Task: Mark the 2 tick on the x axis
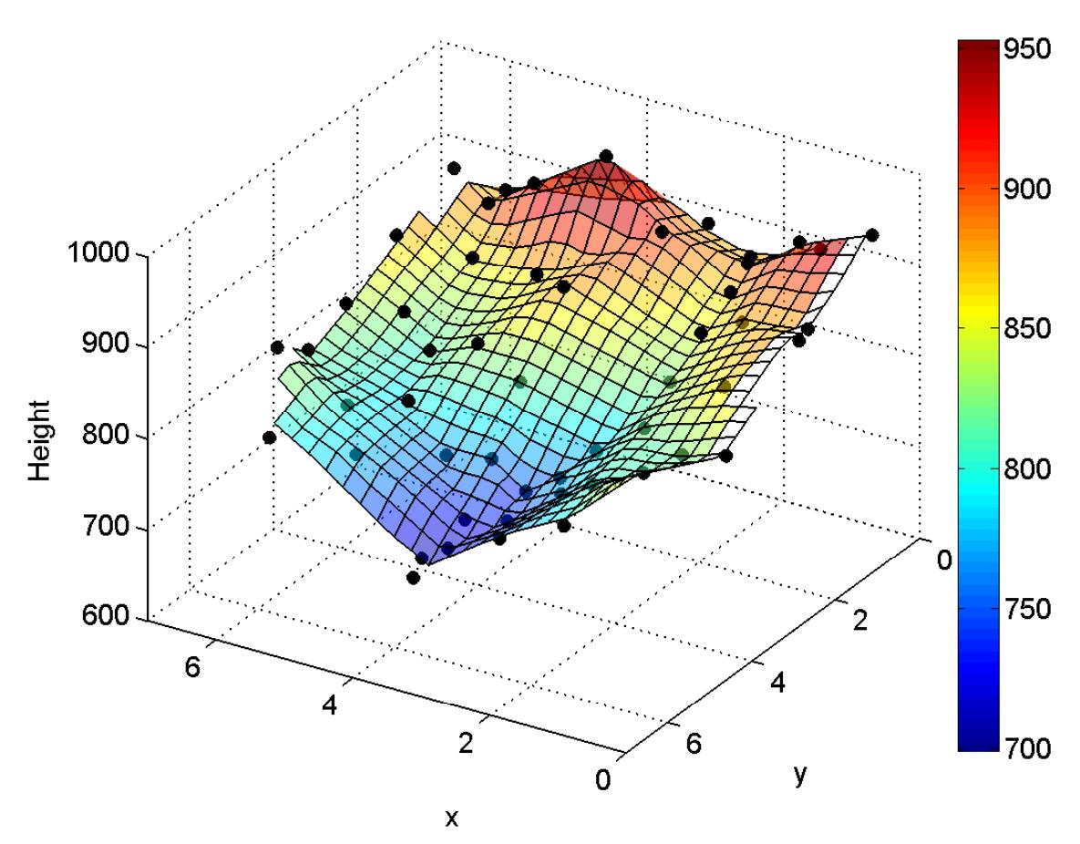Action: [468, 742]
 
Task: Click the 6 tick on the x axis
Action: [193, 666]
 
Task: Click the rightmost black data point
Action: [872, 235]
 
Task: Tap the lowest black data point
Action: [413, 577]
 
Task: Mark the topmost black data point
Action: [606, 157]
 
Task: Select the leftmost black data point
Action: [269, 437]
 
